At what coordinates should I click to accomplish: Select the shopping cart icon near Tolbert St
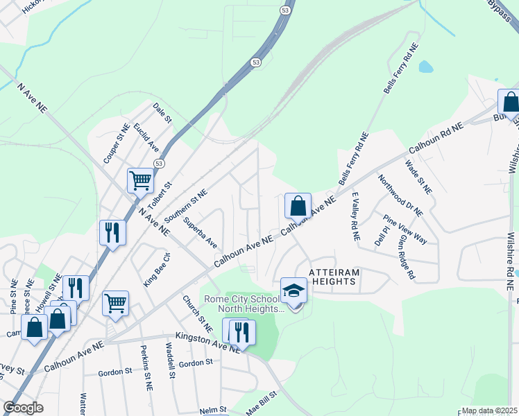point(140,181)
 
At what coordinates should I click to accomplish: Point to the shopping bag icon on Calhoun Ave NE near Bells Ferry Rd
point(298,206)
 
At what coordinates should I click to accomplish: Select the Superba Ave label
point(201,233)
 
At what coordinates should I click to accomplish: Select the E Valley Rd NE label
point(355,216)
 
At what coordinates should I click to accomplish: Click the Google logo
point(23,408)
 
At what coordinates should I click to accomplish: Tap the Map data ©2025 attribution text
point(489,410)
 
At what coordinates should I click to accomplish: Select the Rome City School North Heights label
point(243,304)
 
